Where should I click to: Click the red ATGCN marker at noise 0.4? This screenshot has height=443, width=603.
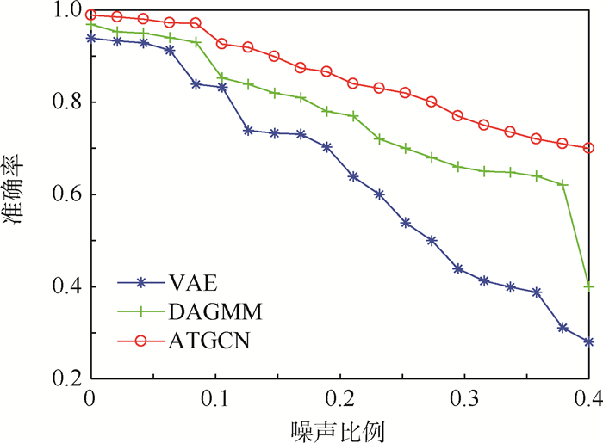pyautogui.click(x=589, y=148)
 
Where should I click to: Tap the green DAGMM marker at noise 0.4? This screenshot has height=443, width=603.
pyautogui.click(x=589, y=286)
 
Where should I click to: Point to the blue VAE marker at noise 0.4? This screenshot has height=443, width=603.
pyautogui.click(x=589, y=341)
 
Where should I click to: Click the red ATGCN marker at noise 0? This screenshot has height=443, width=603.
pyautogui.click(x=90, y=15)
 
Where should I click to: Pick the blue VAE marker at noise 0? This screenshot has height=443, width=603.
pyautogui.click(x=90, y=38)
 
